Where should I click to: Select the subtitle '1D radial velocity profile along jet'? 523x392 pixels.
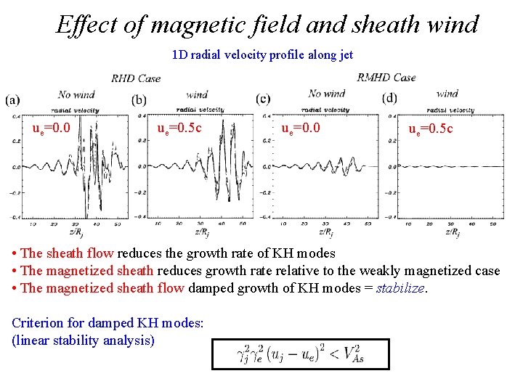(x=262, y=55)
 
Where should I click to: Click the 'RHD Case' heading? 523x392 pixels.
(x=137, y=78)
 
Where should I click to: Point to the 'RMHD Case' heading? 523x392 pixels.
(x=386, y=77)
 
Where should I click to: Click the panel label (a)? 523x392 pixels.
(x=12, y=100)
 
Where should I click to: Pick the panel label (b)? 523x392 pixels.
(x=139, y=100)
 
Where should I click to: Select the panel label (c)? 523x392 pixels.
(x=264, y=99)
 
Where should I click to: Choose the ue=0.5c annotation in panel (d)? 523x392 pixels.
(x=430, y=129)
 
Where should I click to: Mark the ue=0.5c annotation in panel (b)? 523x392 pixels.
(x=179, y=128)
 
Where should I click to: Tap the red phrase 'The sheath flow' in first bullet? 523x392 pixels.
(x=67, y=253)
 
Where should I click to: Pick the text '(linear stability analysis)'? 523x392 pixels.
(x=83, y=340)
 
